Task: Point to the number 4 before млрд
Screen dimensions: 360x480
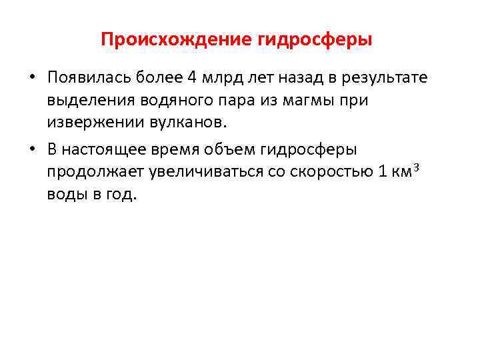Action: (x=191, y=77)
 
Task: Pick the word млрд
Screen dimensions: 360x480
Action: (x=219, y=77)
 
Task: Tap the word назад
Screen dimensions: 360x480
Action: (x=299, y=77)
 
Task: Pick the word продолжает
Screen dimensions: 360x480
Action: (x=90, y=173)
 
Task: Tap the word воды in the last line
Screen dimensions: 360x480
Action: (x=65, y=195)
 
